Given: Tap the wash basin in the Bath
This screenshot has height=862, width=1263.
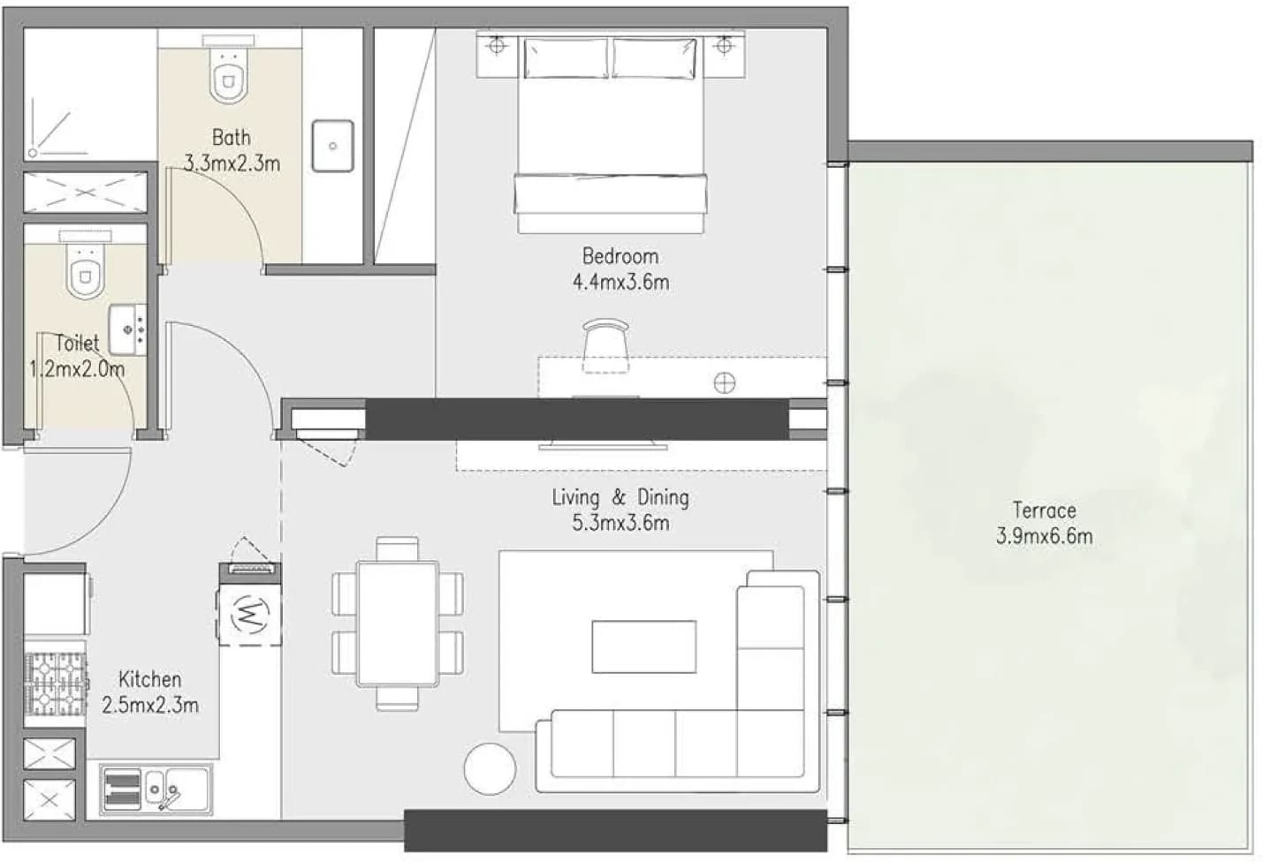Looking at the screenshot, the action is pyautogui.click(x=332, y=146).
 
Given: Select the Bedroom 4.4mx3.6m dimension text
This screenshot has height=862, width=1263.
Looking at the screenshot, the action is pyautogui.click(x=620, y=282).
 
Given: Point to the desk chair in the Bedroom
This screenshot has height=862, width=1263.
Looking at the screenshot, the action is pyautogui.click(x=605, y=345).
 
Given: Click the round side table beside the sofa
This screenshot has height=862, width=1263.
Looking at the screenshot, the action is pyautogui.click(x=490, y=769).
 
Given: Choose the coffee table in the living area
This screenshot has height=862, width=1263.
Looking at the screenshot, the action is pyautogui.click(x=644, y=646).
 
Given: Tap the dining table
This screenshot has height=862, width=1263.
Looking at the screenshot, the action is pyautogui.click(x=398, y=624).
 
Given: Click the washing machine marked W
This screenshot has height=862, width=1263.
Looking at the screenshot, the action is pyautogui.click(x=250, y=614).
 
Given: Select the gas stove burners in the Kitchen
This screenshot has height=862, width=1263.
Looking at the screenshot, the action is pyautogui.click(x=56, y=684).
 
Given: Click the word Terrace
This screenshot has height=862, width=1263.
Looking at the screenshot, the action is pyautogui.click(x=1044, y=510).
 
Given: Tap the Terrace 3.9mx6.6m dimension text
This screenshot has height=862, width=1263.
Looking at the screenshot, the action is pyautogui.click(x=1044, y=536).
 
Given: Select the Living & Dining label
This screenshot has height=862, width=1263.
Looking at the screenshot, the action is pyautogui.click(x=620, y=497).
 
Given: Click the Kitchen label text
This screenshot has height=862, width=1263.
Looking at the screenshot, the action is pyautogui.click(x=150, y=679).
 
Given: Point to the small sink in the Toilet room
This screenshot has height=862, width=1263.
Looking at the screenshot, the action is pyautogui.click(x=128, y=329).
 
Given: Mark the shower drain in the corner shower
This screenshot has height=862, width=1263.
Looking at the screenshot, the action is pyautogui.click(x=33, y=153).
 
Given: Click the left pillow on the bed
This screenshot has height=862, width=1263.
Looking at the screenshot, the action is pyautogui.click(x=566, y=58).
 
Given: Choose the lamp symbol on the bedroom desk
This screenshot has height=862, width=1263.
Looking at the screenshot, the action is pyautogui.click(x=724, y=383).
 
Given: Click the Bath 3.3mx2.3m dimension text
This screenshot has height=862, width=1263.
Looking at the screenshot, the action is pyautogui.click(x=232, y=163).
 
